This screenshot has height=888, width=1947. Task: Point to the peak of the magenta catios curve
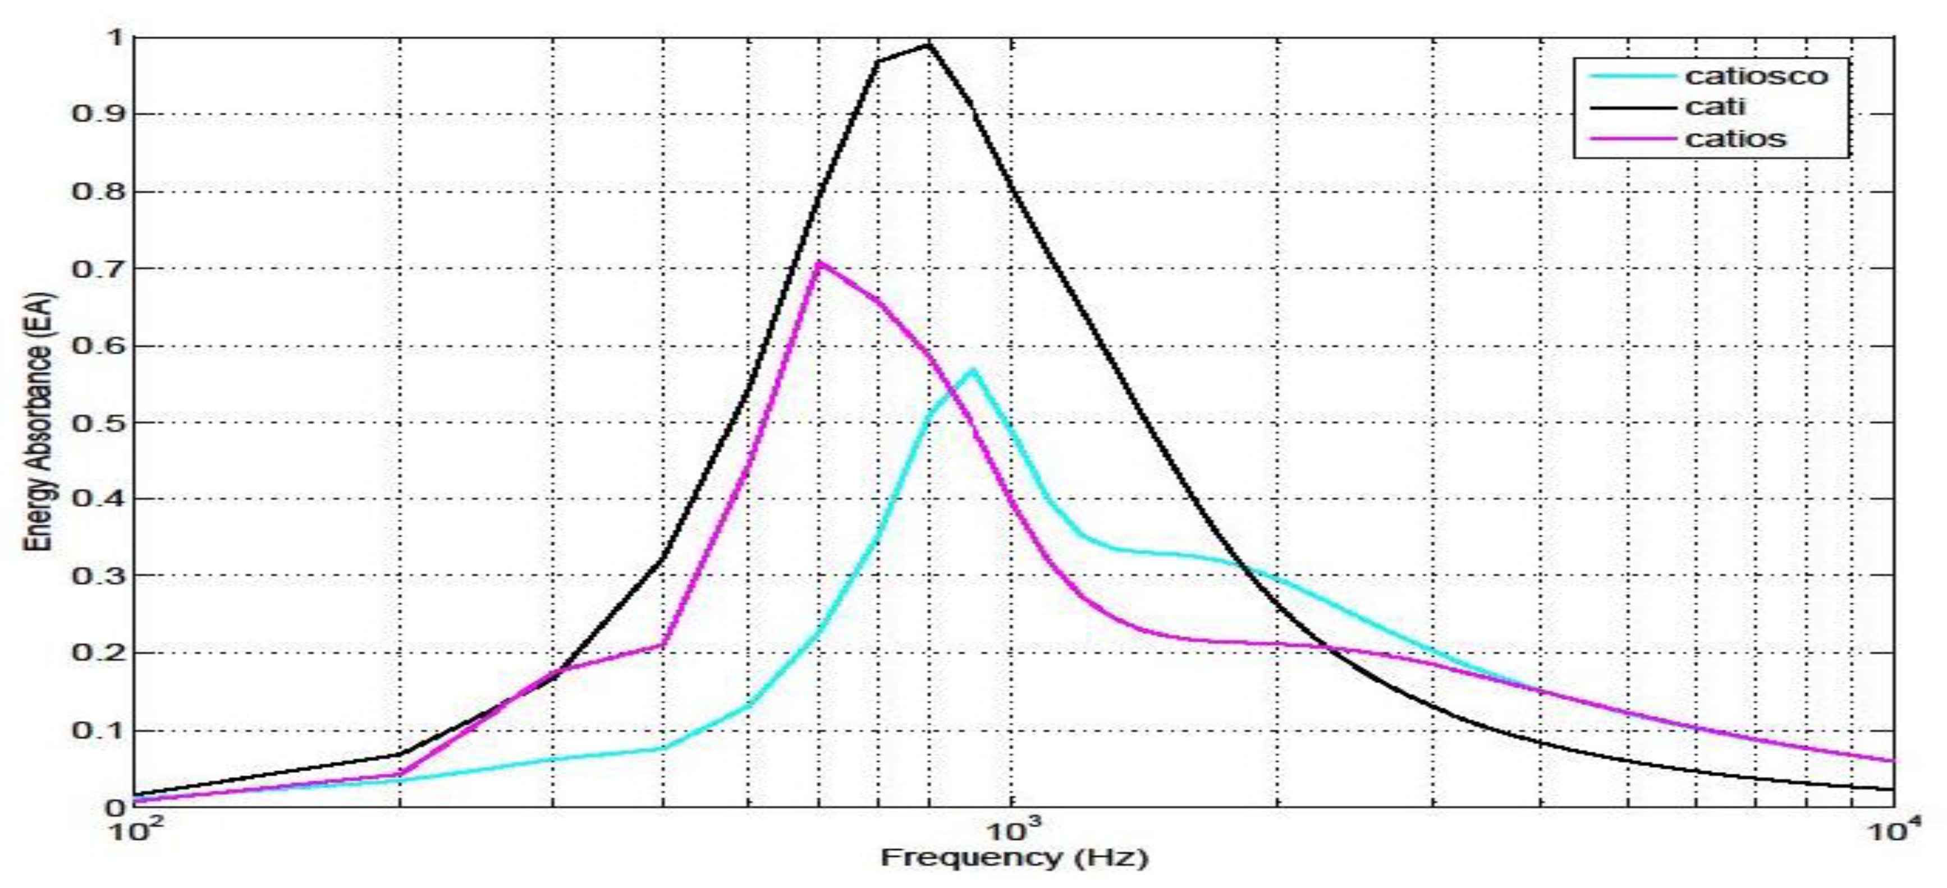click(819, 262)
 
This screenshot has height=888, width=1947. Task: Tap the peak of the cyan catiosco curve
click(973, 370)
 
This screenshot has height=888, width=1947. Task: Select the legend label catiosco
click(1756, 76)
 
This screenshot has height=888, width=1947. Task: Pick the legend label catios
click(1735, 139)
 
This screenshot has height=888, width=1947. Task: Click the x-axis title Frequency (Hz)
click(1014, 858)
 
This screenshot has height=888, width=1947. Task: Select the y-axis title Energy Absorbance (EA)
click(39, 422)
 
